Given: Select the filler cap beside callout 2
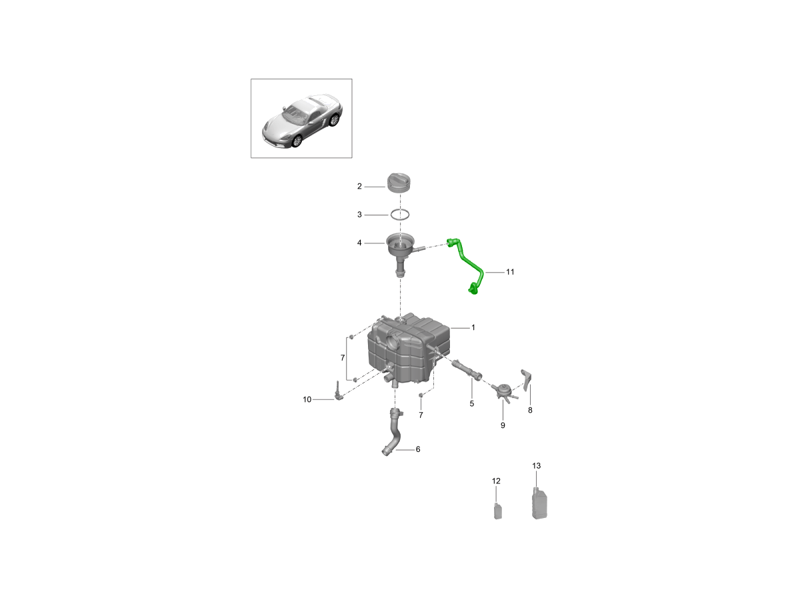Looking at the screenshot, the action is (x=399, y=183).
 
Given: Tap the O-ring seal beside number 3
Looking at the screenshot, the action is (x=399, y=215).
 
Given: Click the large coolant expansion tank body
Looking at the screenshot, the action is (x=408, y=351).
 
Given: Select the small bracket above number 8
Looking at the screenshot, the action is (x=525, y=379).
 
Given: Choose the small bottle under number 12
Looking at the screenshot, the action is (x=497, y=511).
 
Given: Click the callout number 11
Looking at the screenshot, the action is (x=510, y=272).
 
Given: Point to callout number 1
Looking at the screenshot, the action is (x=473, y=327).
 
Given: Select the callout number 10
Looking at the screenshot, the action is (x=307, y=399).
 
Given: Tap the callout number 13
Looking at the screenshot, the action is (x=536, y=465).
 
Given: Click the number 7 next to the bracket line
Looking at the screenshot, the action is (x=343, y=358).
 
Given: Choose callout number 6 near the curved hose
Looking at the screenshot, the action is (x=418, y=449).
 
